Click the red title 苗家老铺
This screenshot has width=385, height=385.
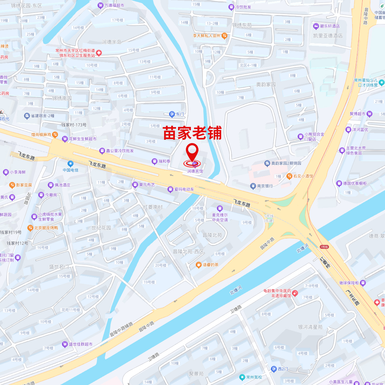192,133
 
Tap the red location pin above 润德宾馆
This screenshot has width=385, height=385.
192,152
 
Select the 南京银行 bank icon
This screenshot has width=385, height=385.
253,186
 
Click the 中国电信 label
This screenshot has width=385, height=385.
71,170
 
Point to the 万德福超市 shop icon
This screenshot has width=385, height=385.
101,5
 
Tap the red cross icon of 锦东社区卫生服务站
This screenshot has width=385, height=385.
99,53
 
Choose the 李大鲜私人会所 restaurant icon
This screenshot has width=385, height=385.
224,36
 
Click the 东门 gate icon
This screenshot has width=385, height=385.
172,114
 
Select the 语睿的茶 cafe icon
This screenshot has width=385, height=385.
198,265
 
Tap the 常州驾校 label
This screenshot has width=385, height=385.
254,377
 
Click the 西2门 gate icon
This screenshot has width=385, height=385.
274,369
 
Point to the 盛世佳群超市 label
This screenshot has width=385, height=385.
80,344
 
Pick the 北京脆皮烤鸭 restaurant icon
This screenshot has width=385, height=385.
30,228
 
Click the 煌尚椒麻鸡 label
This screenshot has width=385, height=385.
41,134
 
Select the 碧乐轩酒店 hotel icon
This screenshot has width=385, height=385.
316,26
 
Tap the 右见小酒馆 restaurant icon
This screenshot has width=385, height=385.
289,176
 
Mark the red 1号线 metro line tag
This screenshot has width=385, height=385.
324,247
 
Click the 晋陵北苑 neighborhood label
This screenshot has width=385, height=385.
212,235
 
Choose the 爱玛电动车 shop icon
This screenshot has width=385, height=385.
170,189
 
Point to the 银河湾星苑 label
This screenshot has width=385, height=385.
310,327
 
